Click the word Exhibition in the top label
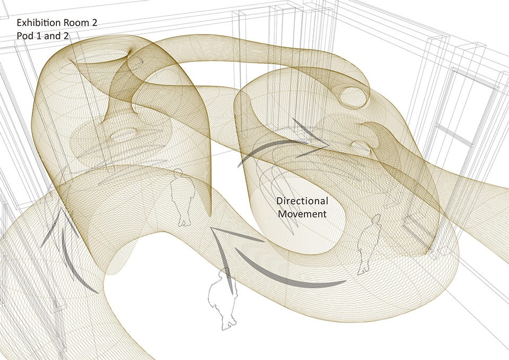[x=39, y=23]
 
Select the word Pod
[x=24, y=36]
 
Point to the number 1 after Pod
[x=37, y=36]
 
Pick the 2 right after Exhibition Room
[x=94, y=23]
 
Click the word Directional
[x=302, y=201]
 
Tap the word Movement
[x=302, y=214]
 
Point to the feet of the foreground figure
[x=229, y=324]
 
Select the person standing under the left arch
[x=183, y=197]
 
